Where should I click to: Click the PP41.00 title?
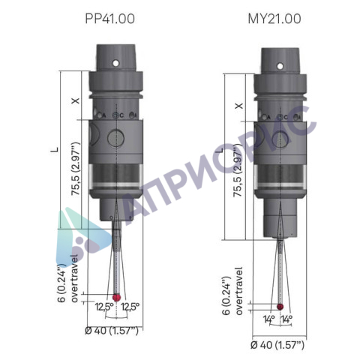[x=109, y=19]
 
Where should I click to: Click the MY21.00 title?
[x=274, y=19]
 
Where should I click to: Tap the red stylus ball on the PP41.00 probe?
[x=116, y=298]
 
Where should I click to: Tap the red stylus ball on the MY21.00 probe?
[x=280, y=307]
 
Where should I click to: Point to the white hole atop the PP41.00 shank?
[x=115, y=63]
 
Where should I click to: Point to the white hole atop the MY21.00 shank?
[x=280, y=66]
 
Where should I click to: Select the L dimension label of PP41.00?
[x=57, y=150]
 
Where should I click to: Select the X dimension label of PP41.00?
[x=76, y=100]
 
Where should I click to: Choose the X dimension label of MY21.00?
[x=239, y=106]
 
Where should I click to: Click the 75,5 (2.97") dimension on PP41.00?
[x=76, y=169]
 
